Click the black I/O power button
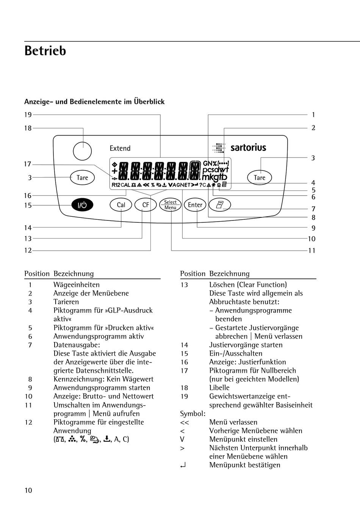82,205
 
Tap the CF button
146,205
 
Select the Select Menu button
170,205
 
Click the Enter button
195,205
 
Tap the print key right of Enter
220,205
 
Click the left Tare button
82,178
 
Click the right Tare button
260,178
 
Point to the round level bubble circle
82,151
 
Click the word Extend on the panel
120,148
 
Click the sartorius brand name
248,148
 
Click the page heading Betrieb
45,51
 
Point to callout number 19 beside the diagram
28,115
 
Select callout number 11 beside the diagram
311,250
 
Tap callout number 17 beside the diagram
28,164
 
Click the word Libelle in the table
219,388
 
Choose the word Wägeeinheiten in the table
77,285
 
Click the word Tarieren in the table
66,302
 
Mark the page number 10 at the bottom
28,490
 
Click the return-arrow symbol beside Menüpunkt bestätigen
183,465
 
